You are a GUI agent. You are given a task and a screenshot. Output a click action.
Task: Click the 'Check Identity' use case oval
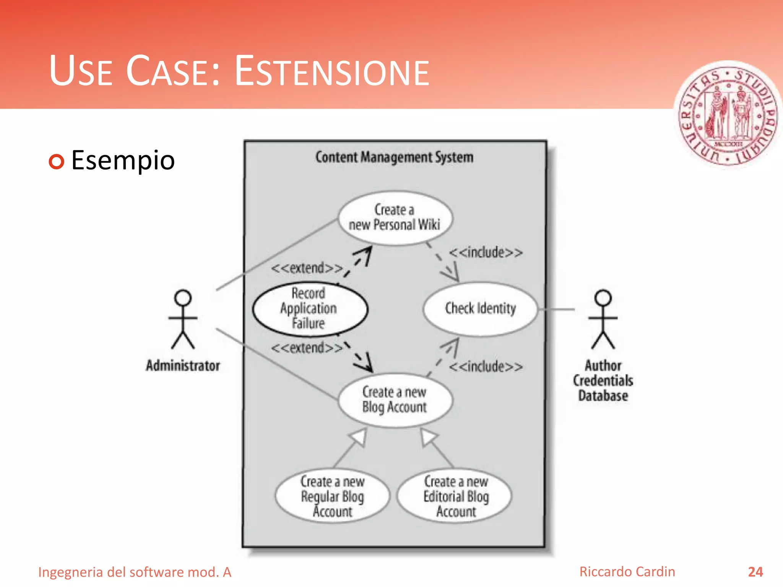click(x=480, y=309)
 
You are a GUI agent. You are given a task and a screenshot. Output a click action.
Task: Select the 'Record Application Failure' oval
click(x=310, y=309)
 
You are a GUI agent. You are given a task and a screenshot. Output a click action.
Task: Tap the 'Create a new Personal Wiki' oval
click(x=395, y=217)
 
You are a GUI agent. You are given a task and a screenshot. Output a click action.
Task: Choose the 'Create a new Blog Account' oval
click(x=395, y=400)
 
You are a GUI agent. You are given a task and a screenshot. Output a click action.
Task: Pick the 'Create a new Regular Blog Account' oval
click(x=332, y=496)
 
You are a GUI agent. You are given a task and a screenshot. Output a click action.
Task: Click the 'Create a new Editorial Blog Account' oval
click(x=455, y=496)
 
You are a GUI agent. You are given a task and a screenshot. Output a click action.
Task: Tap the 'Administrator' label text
click(x=183, y=366)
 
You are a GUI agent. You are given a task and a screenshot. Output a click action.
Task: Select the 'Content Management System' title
click(x=394, y=157)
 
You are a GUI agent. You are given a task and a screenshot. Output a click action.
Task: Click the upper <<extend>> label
click(x=307, y=268)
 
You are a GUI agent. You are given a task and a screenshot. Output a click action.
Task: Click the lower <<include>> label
click(x=486, y=367)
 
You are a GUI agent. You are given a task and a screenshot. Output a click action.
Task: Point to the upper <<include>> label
click(x=486, y=253)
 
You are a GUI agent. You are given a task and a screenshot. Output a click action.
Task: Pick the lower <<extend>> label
click(x=307, y=348)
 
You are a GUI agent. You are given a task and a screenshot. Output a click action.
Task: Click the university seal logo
click(x=728, y=115)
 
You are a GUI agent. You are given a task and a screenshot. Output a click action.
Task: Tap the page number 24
click(x=755, y=572)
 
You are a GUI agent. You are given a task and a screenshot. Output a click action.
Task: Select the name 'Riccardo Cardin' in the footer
click(x=627, y=572)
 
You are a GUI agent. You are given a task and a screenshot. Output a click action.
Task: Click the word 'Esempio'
click(x=123, y=161)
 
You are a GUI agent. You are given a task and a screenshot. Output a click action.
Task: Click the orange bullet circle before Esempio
click(x=57, y=162)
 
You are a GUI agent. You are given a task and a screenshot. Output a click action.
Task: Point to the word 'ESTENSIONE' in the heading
click(x=332, y=71)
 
